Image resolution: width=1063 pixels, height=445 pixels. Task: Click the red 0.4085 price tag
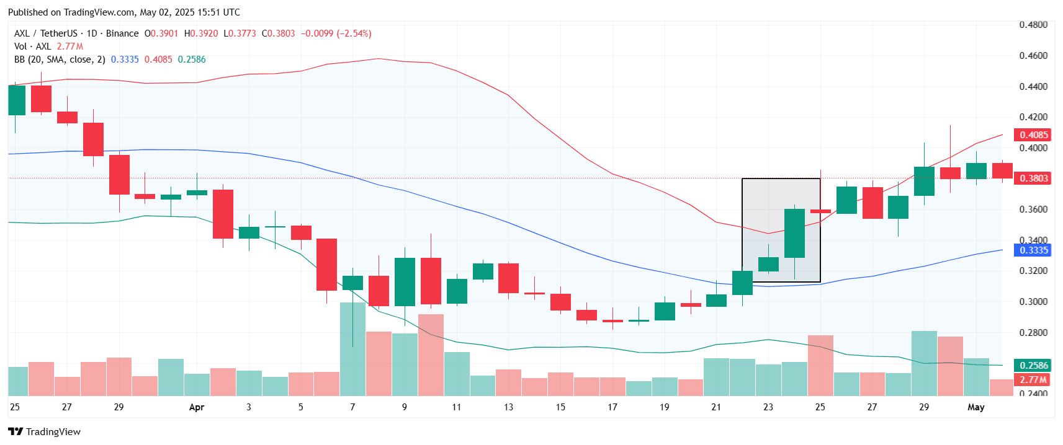[x=1033, y=134]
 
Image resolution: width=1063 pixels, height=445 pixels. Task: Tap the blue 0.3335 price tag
[x=1033, y=250]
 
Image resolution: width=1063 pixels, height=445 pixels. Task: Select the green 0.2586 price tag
[x=1033, y=365]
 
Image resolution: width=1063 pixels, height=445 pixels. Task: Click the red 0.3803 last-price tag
[x=1033, y=178]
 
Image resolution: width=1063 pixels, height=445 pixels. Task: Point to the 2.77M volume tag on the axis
[x=1033, y=379]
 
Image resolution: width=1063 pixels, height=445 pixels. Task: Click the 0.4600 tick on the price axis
[x=1033, y=55]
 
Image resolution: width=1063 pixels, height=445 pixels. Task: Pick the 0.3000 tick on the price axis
[x=1033, y=301]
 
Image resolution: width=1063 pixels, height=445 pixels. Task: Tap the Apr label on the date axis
[x=197, y=407]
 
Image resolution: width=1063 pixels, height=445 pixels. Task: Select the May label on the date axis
[x=976, y=407]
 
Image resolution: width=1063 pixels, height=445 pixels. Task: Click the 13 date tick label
[x=508, y=407]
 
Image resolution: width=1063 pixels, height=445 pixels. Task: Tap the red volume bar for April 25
[x=820, y=366]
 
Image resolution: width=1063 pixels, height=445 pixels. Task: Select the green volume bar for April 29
[x=924, y=363]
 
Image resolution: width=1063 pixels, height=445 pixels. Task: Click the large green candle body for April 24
[x=794, y=233]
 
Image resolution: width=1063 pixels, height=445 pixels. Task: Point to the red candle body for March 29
[x=119, y=174]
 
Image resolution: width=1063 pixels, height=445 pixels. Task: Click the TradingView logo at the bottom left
[x=44, y=431]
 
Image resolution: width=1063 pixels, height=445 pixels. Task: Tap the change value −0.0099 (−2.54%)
[x=336, y=33]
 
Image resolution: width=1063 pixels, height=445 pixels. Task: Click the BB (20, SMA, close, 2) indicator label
[x=60, y=59]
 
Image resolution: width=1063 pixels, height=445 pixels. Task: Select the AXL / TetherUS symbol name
[x=46, y=33]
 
